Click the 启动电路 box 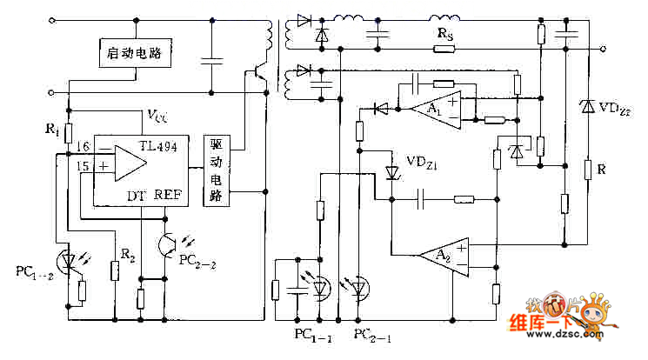(x=132, y=53)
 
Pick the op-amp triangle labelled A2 (x=441, y=255)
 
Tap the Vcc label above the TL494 (x=157, y=115)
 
